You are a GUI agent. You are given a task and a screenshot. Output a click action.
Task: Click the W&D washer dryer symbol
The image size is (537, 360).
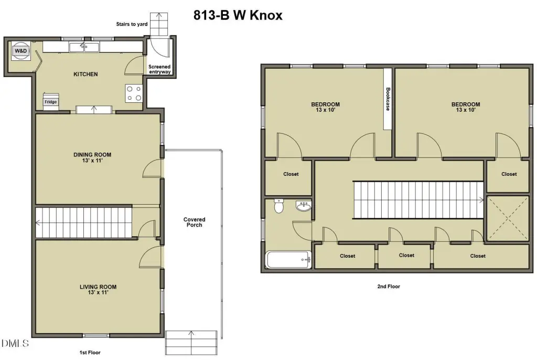[21, 51]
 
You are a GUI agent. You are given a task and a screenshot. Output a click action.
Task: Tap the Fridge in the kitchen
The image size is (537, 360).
[51, 101]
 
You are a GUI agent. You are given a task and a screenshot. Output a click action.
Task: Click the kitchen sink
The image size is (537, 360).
[84, 47]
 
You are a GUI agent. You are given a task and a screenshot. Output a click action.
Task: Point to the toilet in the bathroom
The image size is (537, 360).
[279, 206]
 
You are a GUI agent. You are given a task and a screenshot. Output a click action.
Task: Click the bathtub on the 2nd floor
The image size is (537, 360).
[289, 260]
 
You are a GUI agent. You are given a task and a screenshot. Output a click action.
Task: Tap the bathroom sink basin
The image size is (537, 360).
[304, 206]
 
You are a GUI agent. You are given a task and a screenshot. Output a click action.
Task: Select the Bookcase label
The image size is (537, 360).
[388, 99]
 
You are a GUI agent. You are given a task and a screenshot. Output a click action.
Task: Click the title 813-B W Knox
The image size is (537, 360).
[238, 15]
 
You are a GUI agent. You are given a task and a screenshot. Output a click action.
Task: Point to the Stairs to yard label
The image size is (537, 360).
[132, 24]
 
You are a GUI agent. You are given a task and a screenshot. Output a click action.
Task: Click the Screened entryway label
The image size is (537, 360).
[159, 69]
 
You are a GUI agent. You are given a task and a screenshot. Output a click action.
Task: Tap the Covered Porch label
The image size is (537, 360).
[194, 222]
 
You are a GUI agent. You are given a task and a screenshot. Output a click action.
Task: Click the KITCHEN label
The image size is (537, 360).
[85, 74]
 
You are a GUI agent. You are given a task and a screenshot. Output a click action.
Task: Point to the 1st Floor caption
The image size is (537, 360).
[90, 353]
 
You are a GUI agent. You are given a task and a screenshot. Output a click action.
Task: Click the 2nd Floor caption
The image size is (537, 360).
[389, 287]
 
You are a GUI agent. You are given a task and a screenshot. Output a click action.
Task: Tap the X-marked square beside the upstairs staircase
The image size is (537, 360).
[508, 218]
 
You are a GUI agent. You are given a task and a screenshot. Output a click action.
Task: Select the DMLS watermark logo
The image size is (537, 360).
[15, 343]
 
